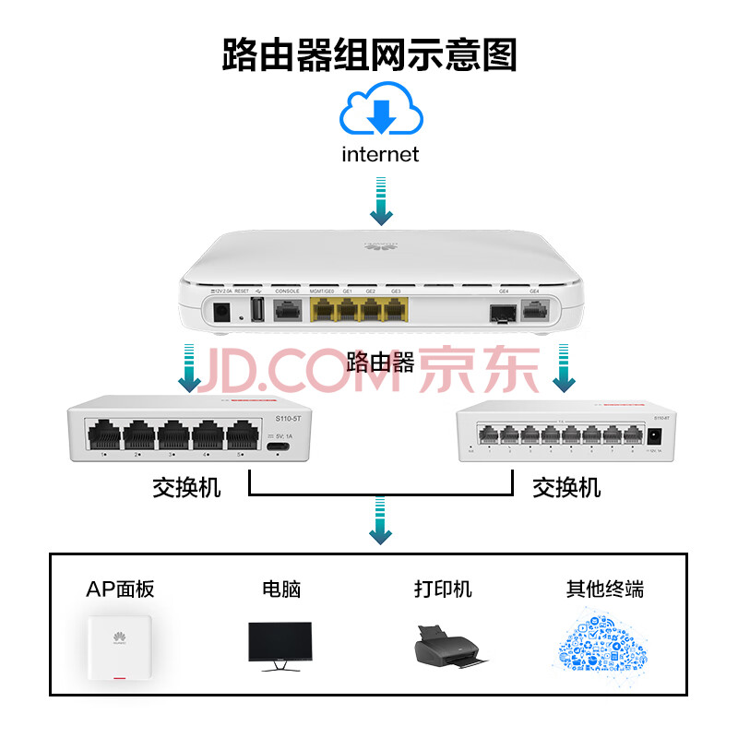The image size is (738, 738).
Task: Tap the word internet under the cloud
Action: click(x=380, y=154)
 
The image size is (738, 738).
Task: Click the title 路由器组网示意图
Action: click(x=369, y=55)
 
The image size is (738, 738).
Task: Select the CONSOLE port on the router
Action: click(x=288, y=311)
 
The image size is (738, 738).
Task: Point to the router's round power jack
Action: click(x=221, y=312)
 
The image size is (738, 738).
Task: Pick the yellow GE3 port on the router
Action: click(x=396, y=311)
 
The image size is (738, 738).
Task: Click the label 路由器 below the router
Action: click(x=380, y=361)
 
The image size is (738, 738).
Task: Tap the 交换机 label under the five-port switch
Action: click(x=187, y=486)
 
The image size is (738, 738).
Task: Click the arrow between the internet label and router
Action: click(x=380, y=204)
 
